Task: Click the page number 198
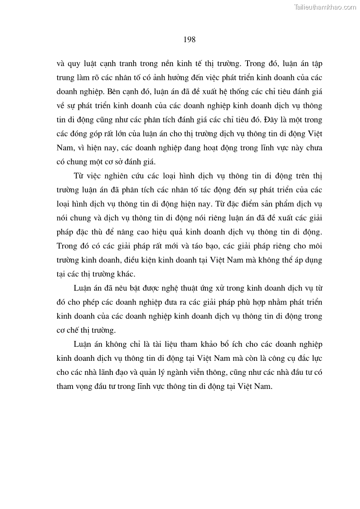[190, 40]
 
